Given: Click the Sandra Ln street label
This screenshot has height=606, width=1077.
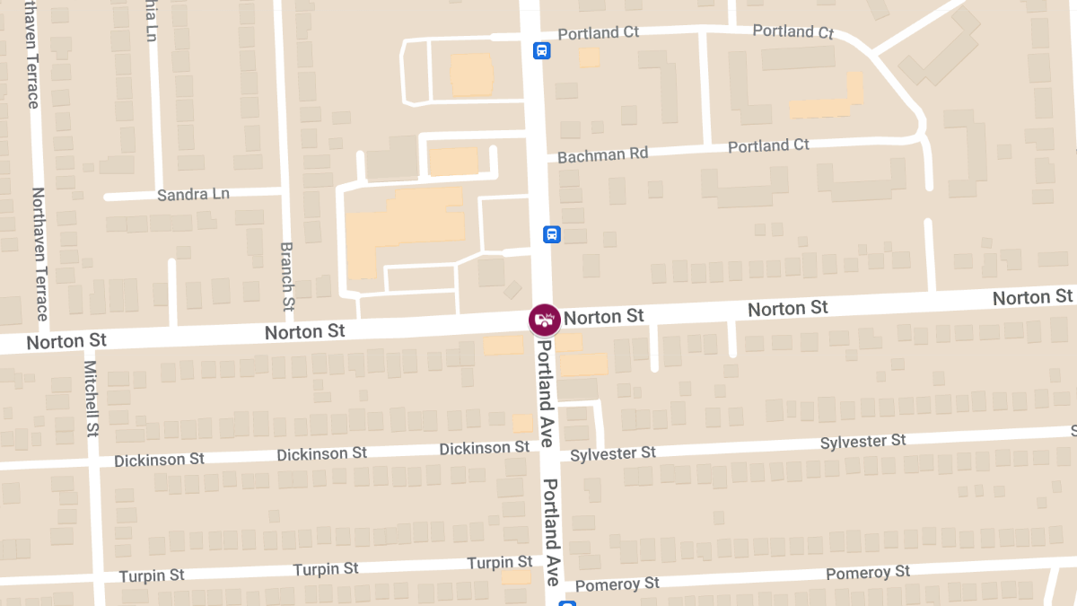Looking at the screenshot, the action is click(193, 194).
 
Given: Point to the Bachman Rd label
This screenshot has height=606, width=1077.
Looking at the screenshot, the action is click(602, 155).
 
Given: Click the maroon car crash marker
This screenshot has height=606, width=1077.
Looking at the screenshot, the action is click(544, 320).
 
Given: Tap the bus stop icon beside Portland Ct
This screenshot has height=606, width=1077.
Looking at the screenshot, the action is click(541, 50).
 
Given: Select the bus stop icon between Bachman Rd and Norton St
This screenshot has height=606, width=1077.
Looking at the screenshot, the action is click(552, 234).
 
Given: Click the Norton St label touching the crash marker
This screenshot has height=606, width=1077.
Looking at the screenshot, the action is click(604, 317).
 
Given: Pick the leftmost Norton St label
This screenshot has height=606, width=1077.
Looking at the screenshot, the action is click(66, 341).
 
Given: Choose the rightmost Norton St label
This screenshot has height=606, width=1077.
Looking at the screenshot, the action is click(1032, 297).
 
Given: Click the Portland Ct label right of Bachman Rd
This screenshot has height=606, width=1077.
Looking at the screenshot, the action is click(768, 145).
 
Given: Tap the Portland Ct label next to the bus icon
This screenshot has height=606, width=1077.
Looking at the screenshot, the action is click(598, 33).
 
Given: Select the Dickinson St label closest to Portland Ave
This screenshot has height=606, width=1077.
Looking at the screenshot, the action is click(484, 448).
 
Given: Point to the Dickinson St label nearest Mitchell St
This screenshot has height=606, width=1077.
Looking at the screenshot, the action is click(159, 460).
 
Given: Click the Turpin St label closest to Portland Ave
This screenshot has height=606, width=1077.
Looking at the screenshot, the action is click(499, 563).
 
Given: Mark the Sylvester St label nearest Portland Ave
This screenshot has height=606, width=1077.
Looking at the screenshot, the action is click(613, 453).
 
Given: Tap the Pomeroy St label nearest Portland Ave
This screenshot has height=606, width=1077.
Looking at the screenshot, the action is click(617, 584).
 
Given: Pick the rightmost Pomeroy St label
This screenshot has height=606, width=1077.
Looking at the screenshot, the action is click(867, 573).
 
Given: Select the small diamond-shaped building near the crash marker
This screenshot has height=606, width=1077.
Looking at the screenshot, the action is click(512, 290).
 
